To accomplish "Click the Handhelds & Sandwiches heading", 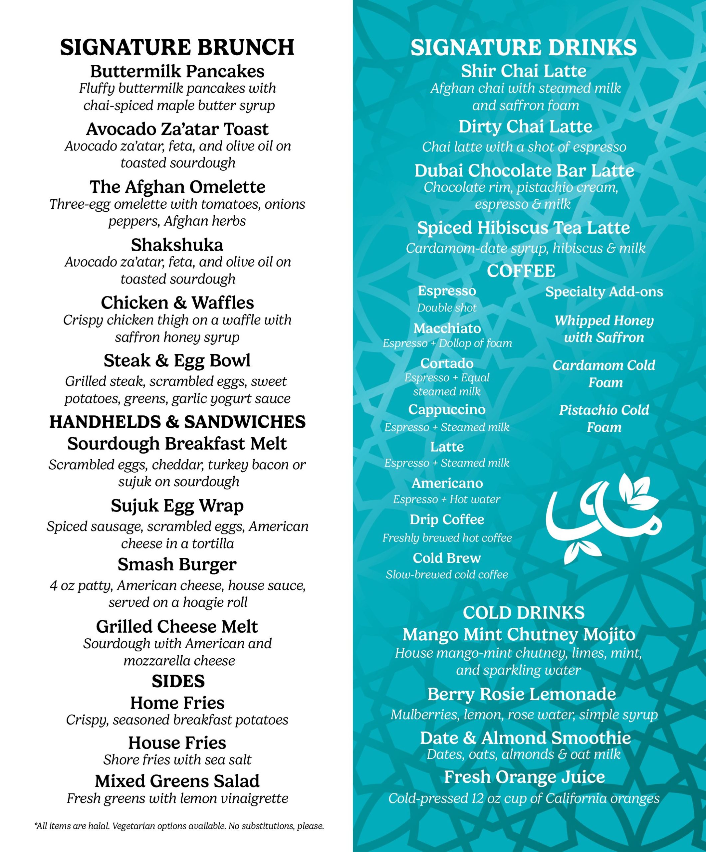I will (177, 422).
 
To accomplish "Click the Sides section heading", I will (178, 681).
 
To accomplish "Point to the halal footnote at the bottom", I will (179, 826).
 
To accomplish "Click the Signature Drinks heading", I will (523, 48).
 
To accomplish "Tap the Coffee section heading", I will (521, 271).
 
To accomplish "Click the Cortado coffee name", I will (447, 363).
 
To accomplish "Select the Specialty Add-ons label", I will (604, 292).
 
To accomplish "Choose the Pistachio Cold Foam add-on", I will (604, 418).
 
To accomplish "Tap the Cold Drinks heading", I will (523, 613).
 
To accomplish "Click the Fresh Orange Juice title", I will (524, 777).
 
